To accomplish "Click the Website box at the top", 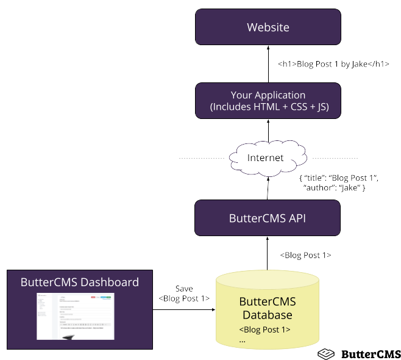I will click(268, 27).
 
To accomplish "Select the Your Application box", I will click(268, 101).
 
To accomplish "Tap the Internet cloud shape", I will click(266, 158).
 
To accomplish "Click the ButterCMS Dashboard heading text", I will click(80, 283).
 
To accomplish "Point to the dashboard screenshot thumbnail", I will click(75, 315).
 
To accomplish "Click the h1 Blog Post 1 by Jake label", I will click(333, 64).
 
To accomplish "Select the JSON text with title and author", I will click(339, 182).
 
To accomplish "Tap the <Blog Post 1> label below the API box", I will click(305, 255).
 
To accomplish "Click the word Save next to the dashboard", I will click(184, 288).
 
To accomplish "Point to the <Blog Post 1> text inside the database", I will click(264, 330).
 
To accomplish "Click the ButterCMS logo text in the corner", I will click(370, 354).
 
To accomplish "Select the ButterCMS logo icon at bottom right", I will click(327, 354).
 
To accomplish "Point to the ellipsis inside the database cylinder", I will click(243, 340).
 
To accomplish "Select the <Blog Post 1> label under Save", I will click(184, 298).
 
